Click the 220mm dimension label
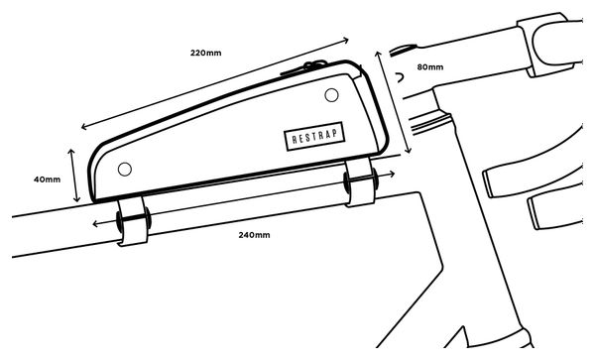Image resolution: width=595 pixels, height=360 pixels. pos(205,53)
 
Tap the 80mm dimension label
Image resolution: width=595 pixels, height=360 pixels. pos(430,67)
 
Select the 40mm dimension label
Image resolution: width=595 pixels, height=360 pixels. pos(47,180)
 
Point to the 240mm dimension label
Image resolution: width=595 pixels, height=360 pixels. pos(254,235)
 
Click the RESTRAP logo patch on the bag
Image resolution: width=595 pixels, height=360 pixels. pos(314,136)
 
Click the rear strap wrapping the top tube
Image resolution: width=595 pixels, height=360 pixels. pos(132,221)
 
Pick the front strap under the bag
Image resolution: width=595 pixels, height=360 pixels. pos(360,181)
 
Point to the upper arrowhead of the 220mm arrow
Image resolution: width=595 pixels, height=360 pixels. pos(346,39)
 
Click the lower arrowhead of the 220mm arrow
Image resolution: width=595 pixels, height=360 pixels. pos(84,127)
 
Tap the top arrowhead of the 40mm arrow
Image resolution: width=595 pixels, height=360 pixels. pos(71,152)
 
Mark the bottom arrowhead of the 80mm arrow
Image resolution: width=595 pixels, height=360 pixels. pos(409,151)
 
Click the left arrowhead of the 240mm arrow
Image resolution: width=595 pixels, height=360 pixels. pos(95,224)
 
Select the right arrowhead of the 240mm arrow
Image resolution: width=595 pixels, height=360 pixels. pos(392,175)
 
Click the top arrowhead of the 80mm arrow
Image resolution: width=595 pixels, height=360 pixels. pos(378,54)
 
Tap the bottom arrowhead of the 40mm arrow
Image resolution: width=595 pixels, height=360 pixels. pos(77,198)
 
